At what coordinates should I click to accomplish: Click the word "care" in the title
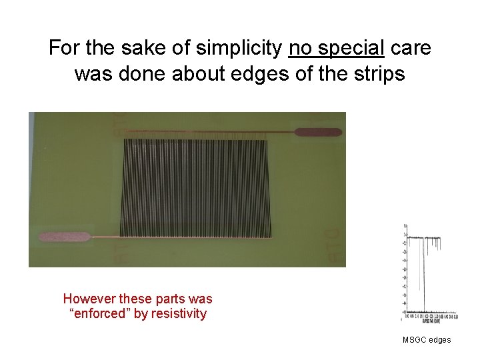[410, 49]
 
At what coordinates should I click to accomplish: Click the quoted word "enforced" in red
[99, 313]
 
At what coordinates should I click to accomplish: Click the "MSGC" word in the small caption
[414, 340]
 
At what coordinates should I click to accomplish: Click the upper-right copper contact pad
[318, 132]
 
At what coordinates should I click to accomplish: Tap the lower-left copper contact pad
[64, 237]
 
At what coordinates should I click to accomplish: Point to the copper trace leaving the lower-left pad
[105, 237]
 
